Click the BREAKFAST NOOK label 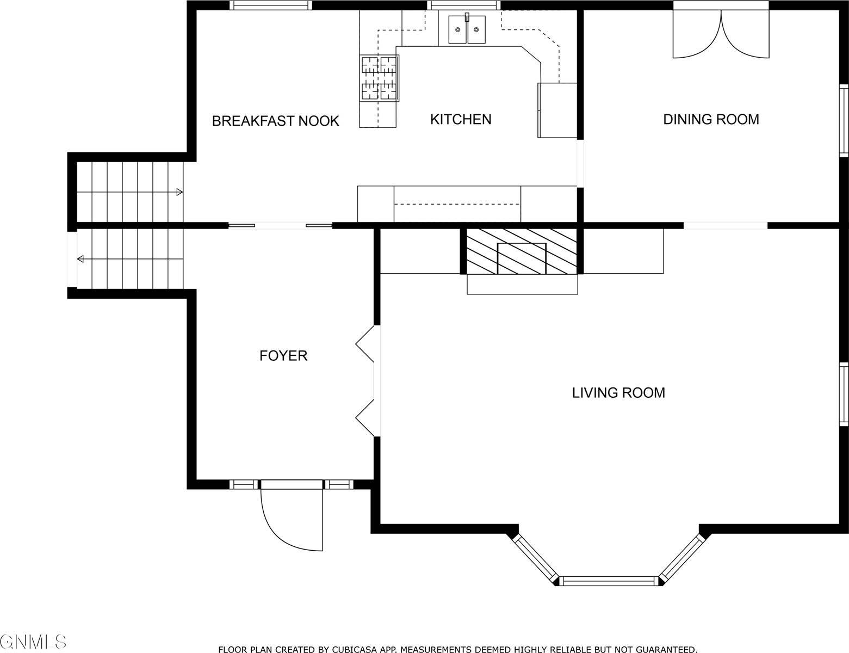point(275,121)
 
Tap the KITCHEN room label point(461,120)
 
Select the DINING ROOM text point(711,120)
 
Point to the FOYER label point(283,356)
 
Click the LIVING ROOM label point(618,393)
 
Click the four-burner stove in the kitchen point(380,78)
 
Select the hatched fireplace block point(522,251)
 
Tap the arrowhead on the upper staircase point(179,192)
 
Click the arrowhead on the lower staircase point(81,258)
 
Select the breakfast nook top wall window point(271,5)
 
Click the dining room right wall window point(844,121)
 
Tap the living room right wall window point(844,394)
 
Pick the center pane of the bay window point(609,581)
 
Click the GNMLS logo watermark point(33,642)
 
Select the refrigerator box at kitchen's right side point(557,110)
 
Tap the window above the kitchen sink point(464,5)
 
